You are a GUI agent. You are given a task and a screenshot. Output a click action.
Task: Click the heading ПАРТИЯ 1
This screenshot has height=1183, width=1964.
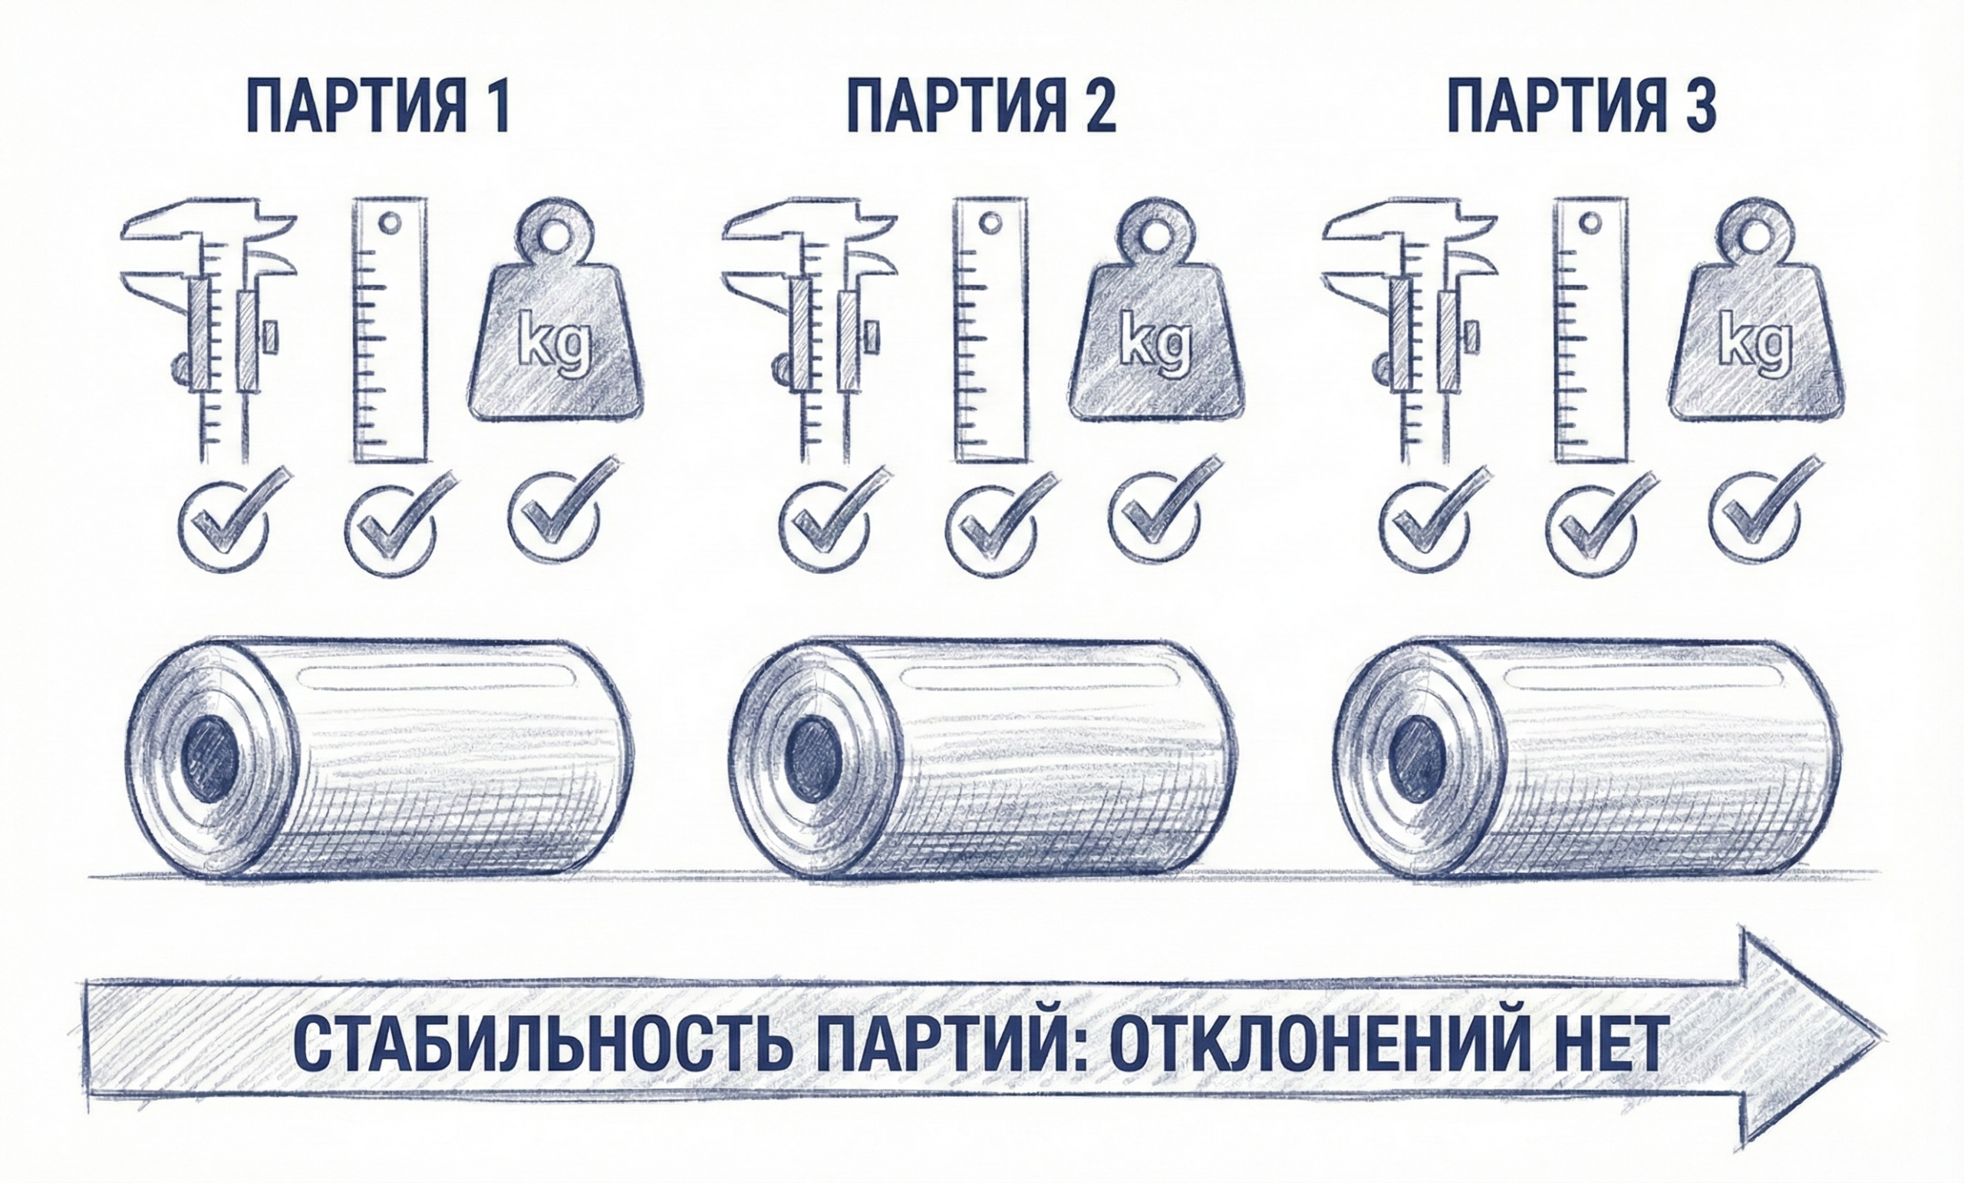377,106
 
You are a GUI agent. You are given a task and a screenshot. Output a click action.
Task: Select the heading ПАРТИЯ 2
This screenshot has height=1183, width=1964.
981,106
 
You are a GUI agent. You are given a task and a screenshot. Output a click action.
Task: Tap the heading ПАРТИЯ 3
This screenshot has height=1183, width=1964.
1582,106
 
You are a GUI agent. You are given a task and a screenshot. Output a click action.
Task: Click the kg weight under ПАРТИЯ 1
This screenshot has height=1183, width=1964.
555,314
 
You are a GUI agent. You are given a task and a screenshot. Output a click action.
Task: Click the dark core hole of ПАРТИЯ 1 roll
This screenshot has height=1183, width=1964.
211,758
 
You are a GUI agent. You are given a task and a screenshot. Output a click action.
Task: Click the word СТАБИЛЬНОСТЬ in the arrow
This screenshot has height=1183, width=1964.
542,1043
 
